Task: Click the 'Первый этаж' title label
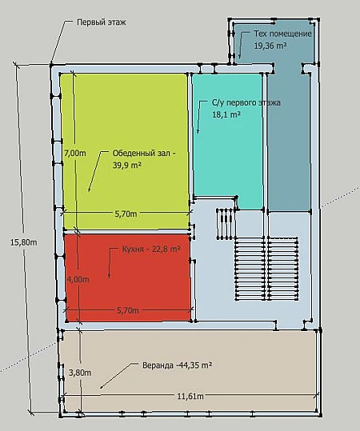pos(102,22)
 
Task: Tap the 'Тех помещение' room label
pos(282,34)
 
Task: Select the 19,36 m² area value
pos(270,46)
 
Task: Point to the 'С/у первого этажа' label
pos(246,102)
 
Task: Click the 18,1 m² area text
pos(226,114)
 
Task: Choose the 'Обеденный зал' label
pos(144,153)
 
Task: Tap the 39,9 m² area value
pos(127,165)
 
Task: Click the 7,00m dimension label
pos(75,153)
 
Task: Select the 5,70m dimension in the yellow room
pos(126,214)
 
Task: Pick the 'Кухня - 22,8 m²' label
pos(151,249)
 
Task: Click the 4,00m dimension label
pos(78,279)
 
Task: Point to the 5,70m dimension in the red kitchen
pos(128,310)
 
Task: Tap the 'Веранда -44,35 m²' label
pos(177,365)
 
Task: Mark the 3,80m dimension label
pos(80,373)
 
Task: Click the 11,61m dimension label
pos(190,396)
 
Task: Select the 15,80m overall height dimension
pos(24,242)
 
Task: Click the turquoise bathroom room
pos(227,154)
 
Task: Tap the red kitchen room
pos(128,277)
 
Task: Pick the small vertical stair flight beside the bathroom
pos(226,224)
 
